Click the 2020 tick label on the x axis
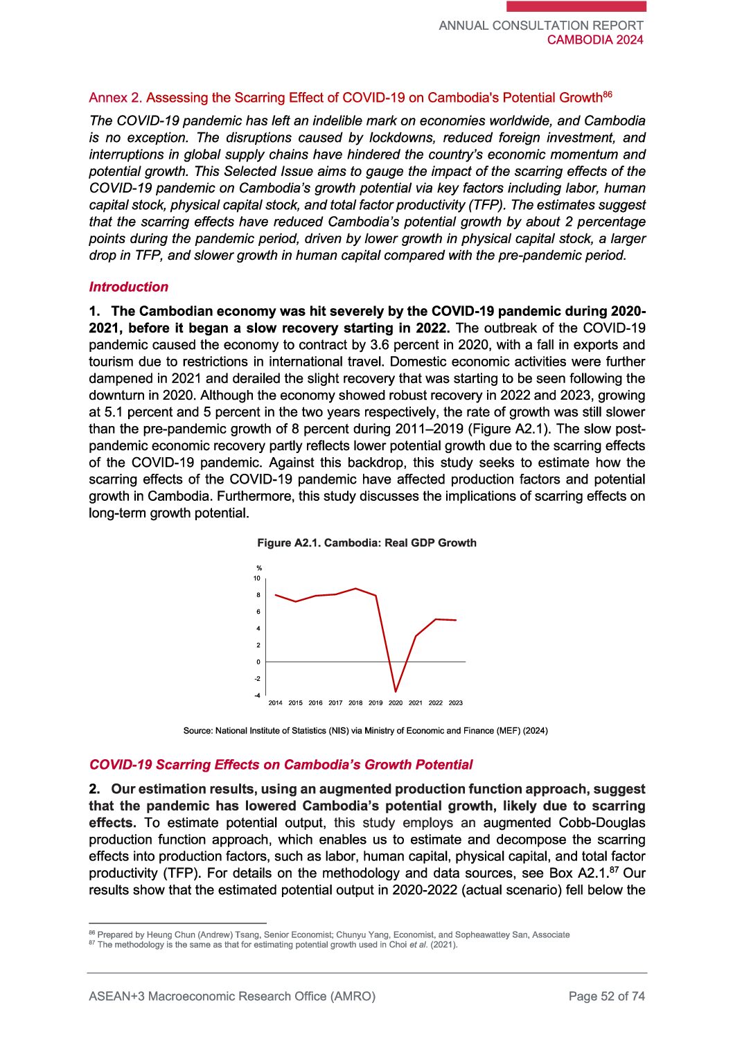pyautogui.click(x=396, y=702)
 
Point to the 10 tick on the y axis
pyautogui.click(x=257, y=578)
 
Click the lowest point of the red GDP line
pyautogui.click(x=396, y=691)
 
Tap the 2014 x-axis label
pyautogui.click(x=275, y=702)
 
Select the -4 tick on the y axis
pyautogui.click(x=257, y=695)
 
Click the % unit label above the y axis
pyautogui.click(x=259, y=568)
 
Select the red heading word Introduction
pyautogui.click(x=129, y=287)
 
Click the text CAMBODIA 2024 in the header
pyautogui.click(x=595, y=40)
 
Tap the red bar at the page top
pyautogui.click(x=576, y=6)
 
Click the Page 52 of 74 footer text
pyautogui.click(x=606, y=996)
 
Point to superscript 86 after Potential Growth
pyautogui.click(x=608, y=94)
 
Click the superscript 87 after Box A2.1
pyautogui.click(x=615, y=869)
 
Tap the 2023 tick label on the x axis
pyautogui.click(x=455, y=702)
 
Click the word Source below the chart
pyautogui.click(x=197, y=730)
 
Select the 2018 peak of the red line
pyautogui.click(x=355, y=589)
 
